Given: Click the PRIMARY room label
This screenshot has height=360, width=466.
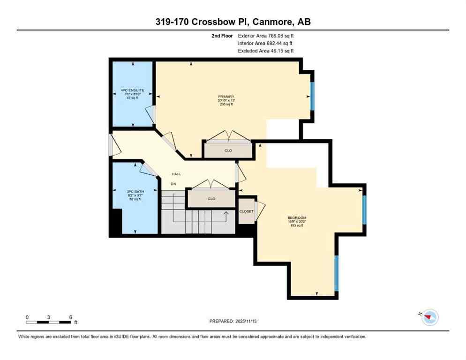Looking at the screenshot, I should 226,97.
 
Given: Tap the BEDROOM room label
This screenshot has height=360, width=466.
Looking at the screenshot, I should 297,217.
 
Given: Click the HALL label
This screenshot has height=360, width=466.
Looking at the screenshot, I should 176,174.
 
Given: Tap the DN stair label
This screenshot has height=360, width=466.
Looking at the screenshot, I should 173,184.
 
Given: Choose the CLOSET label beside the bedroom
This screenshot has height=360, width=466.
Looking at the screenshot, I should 246,211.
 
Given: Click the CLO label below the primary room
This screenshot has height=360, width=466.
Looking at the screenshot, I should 228,150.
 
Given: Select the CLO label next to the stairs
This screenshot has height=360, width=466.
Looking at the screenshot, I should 211,199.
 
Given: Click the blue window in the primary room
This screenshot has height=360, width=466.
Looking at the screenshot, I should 312,96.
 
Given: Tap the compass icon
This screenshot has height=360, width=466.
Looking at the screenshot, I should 429,318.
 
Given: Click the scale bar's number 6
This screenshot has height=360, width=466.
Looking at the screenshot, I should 70,317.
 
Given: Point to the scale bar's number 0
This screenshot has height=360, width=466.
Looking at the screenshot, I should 27,317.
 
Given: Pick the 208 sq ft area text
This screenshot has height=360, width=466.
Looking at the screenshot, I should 226,105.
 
